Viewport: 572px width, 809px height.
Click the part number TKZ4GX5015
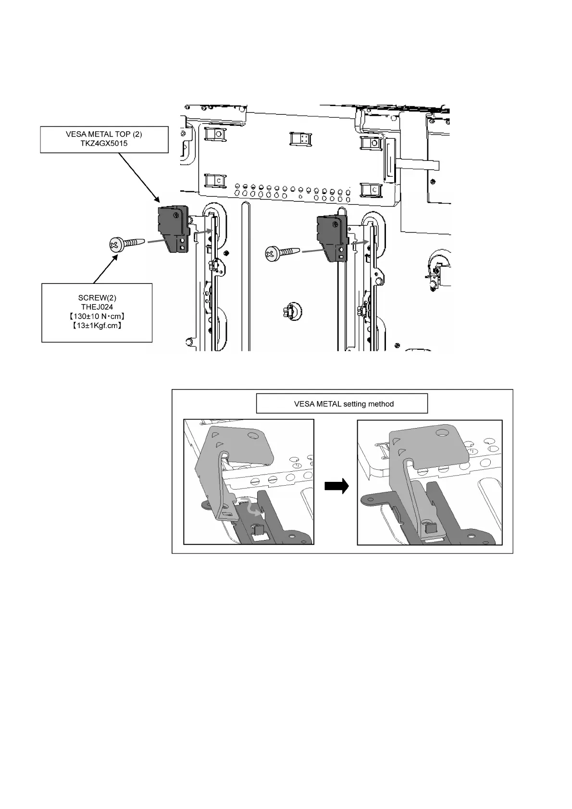pos(104,143)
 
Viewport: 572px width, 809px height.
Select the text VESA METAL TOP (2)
pos(104,134)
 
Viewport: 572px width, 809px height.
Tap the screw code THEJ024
pos(97,306)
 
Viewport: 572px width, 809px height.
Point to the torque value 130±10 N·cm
pos(97,316)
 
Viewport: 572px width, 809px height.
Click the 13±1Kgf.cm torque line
pos(97,326)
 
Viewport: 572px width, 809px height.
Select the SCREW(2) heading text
pos(97,298)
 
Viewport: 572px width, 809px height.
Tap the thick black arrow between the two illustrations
pos(336,487)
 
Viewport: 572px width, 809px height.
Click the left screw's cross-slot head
pos(114,245)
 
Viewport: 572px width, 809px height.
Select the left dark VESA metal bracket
pos(172,229)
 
